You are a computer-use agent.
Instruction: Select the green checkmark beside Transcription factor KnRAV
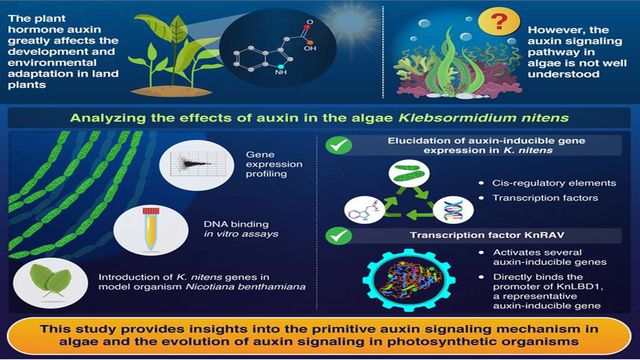pos(340,238)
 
